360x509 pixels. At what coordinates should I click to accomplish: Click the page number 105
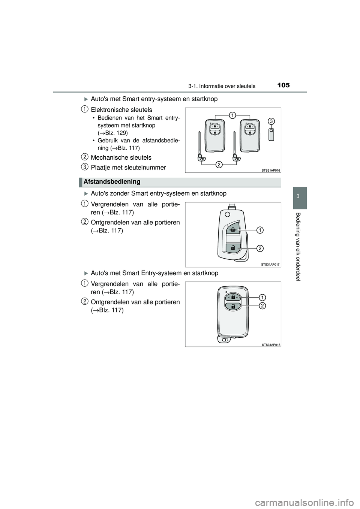[284, 85]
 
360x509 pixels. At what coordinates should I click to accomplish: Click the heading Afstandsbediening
[112, 182]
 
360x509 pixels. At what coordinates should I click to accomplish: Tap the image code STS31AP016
[271, 170]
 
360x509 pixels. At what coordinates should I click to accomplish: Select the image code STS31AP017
[271, 265]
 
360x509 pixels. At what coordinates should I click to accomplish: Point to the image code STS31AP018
[271, 344]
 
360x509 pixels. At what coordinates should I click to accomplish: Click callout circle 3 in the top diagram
[271, 121]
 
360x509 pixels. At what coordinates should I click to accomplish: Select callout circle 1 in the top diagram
[232, 115]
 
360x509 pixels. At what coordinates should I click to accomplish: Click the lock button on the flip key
[233, 229]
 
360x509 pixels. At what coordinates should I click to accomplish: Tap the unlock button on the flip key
[233, 247]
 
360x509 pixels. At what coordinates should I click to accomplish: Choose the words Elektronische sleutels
[121, 110]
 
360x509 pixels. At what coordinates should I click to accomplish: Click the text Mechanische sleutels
[121, 157]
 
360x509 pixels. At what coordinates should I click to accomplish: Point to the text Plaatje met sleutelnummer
[128, 167]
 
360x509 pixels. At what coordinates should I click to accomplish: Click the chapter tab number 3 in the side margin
[298, 198]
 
